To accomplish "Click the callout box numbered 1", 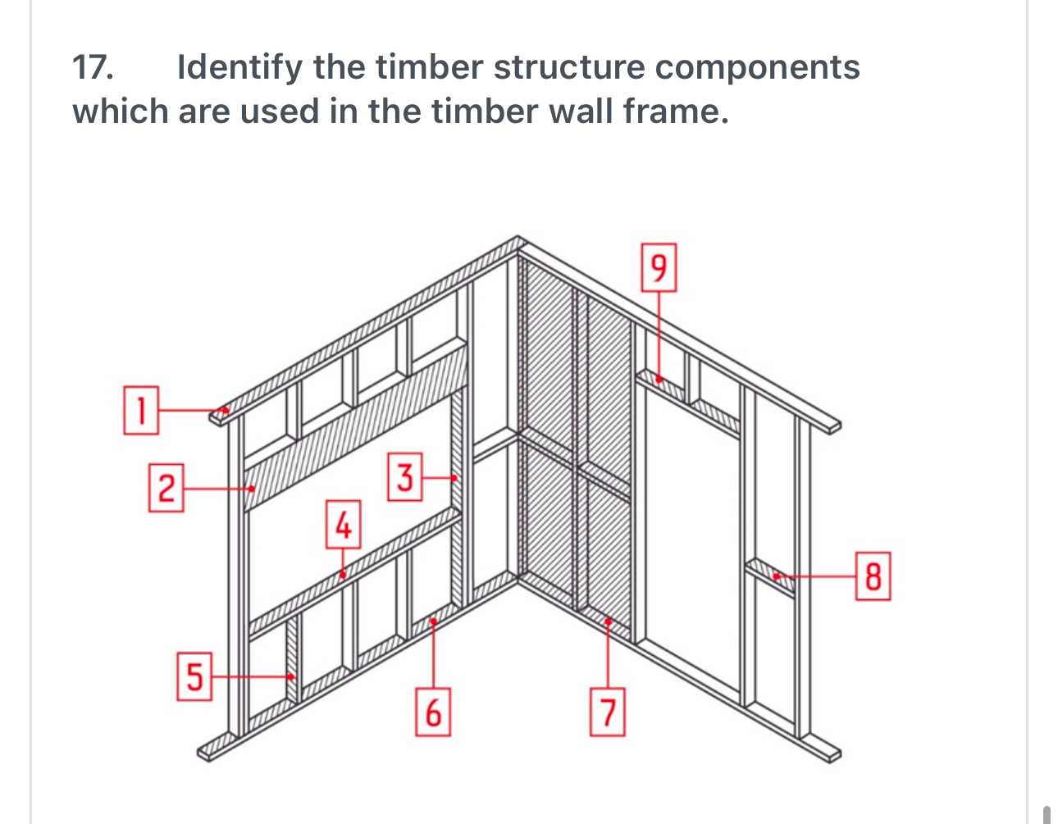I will pyautogui.click(x=140, y=410).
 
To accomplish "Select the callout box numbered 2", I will pyautogui.click(x=166, y=488).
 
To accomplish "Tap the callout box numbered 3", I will pyautogui.click(x=404, y=476).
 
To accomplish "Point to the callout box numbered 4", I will pyautogui.click(x=344, y=525).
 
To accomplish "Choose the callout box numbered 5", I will pyautogui.click(x=194, y=676).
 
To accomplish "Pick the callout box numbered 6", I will pyautogui.click(x=433, y=712).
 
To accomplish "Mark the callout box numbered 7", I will pyautogui.click(x=607, y=712).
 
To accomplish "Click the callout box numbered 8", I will pyautogui.click(x=873, y=576).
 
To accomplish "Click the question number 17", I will pyautogui.click(x=93, y=67).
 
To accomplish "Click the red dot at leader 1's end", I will pyautogui.click(x=226, y=410).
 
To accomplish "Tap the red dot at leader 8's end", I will pyautogui.click(x=776, y=576).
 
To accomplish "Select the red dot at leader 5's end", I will pyautogui.click(x=291, y=676).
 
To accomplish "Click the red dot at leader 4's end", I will pyautogui.click(x=344, y=575).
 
